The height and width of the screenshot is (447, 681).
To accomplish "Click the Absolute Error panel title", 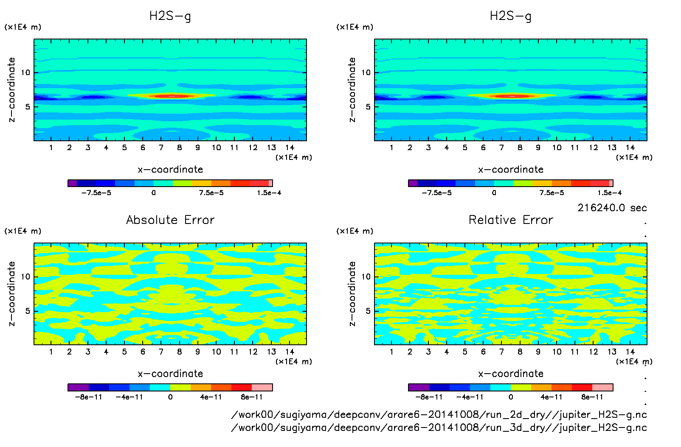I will click(170, 220).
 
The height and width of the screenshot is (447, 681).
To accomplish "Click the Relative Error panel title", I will click(511, 220).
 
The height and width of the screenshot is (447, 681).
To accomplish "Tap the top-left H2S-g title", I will click(170, 16).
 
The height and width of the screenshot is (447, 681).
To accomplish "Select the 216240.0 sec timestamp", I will click(612, 208).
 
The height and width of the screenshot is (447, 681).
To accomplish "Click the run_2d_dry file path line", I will click(439, 415).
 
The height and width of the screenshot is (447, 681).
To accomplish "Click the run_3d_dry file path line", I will click(439, 427).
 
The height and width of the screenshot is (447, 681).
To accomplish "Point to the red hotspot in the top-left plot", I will click(172, 96).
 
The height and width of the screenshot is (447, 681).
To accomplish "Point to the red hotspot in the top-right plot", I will click(512, 96).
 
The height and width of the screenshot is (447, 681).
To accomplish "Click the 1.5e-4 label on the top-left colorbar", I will click(269, 193).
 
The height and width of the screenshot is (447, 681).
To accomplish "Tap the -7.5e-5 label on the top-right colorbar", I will click(436, 193).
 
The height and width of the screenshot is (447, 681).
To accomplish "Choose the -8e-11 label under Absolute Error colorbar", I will click(88, 397).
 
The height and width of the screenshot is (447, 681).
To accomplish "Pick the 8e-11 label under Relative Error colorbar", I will click(592, 397).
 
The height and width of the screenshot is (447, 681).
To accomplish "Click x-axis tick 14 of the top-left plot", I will click(290, 148).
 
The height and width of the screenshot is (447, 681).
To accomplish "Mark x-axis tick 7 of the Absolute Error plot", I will click(161, 352).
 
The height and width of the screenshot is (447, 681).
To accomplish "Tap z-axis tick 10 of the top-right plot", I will click(366, 73).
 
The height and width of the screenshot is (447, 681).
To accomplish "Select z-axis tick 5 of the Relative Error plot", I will click(368, 311).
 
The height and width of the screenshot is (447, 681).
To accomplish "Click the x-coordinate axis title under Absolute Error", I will click(170, 374).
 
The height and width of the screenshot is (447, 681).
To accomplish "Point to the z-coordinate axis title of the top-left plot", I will click(11, 90).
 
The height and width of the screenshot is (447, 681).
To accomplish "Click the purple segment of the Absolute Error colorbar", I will click(78, 387).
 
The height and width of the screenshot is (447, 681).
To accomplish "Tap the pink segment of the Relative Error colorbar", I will click(602, 387).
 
